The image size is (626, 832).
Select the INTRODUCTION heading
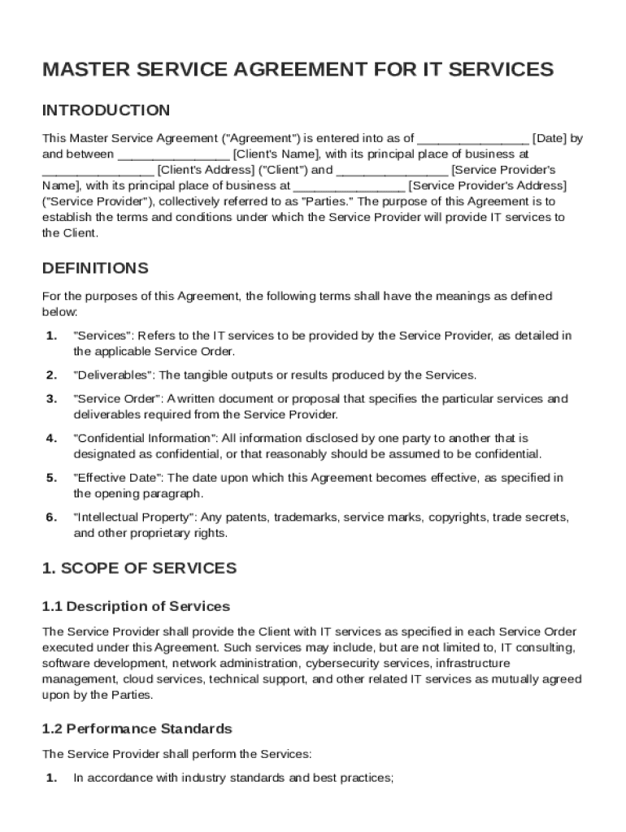click(x=106, y=110)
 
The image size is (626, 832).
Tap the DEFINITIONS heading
click(x=95, y=268)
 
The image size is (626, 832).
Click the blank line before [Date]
click(x=473, y=138)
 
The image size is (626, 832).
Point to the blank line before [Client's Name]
click(x=174, y=154)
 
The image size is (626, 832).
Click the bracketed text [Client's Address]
click(x=206, y=170)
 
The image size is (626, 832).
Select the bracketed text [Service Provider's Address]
click(x=487, y=185)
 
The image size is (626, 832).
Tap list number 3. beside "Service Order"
click(x=51, y=399)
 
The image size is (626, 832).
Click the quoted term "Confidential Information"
click(x=144, y=439)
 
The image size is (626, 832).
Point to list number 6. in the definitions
click(x=51, y=518)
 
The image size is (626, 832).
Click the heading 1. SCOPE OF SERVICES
click(x=139, y=569)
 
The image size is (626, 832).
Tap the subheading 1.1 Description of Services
click(x=136, y=607)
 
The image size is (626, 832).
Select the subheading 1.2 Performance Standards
click(x=137, y=729)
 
